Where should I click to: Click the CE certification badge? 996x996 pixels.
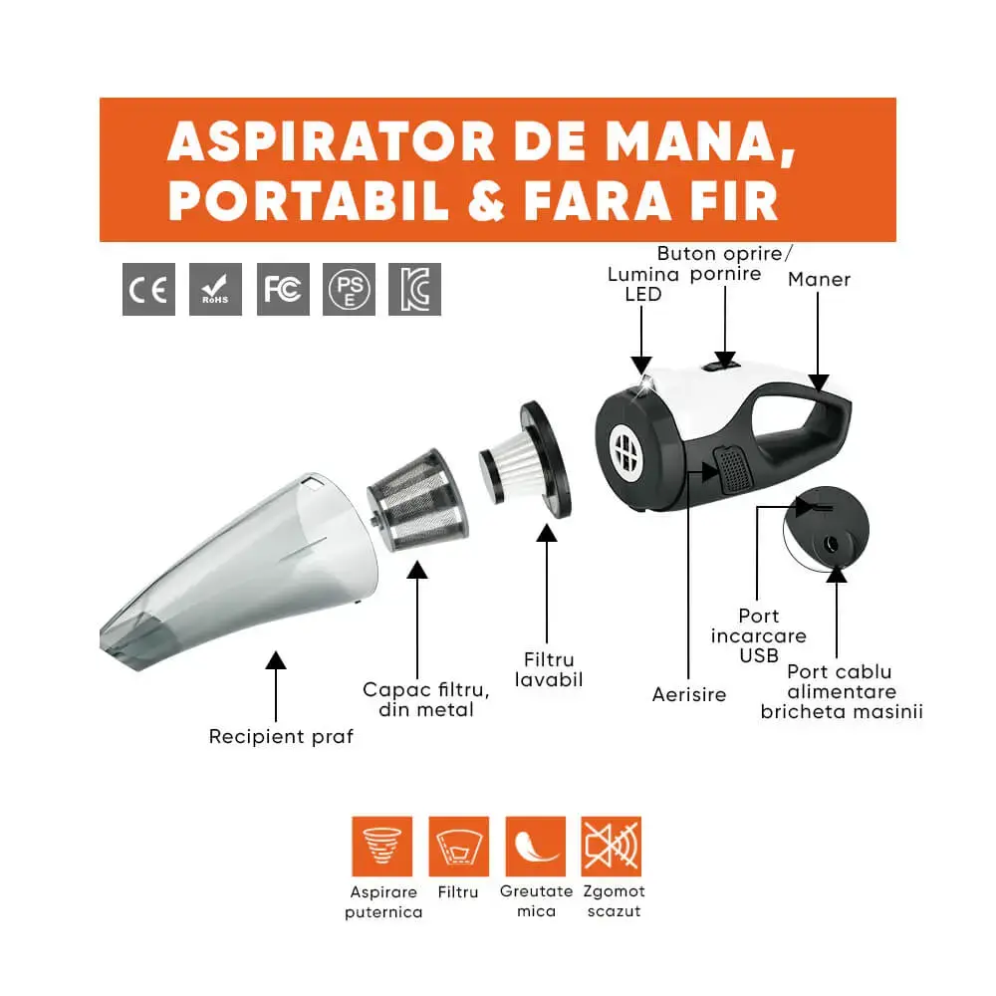click(148, 289)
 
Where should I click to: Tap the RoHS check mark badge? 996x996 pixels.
click(215, 289)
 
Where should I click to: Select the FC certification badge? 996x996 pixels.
click(283, 289)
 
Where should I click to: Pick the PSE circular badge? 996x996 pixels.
click(349, 289)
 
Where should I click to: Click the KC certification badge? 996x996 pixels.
click(414, 289)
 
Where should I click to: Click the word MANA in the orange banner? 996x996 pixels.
click(700, 142)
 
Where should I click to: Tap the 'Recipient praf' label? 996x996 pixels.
click(281, 737)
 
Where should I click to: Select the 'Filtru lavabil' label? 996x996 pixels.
click(549, 669)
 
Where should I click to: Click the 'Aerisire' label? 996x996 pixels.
click(689, 694)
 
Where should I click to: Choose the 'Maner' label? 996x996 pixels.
click(819, 280)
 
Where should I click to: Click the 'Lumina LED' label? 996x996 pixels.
click(642, 284)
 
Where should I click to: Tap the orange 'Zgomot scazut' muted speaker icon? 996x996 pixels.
click(612, 846)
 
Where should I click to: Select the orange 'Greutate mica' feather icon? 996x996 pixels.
click(536, 846)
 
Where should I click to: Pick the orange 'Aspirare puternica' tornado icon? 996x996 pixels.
click(381, 846)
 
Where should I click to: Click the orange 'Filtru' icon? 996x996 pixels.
click(458, 846)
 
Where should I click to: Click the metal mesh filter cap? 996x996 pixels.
click(418, 500)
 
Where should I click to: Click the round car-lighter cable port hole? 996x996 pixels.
click(831, 545)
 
